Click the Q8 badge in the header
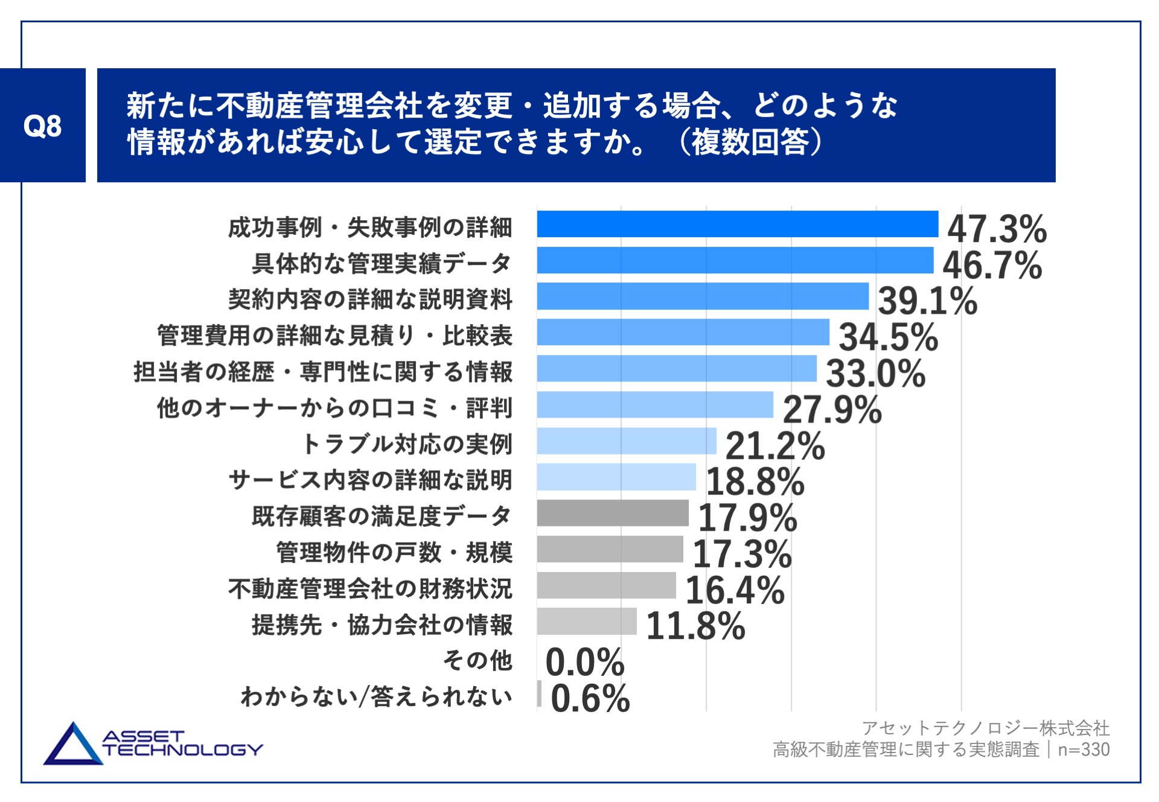42,126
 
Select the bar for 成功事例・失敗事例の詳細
737,224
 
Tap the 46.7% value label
992,265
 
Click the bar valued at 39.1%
703,296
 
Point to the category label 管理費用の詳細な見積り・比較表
334,336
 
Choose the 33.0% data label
875,373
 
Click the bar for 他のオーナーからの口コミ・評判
655,404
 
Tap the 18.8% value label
755,482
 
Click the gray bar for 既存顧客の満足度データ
613,513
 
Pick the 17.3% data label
742,554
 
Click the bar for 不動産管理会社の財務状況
606,585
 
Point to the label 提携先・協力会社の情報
382,625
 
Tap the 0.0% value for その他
584,662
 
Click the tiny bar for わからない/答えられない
539,693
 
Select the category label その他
477,660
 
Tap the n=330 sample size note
1084,749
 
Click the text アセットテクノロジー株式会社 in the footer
985,728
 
